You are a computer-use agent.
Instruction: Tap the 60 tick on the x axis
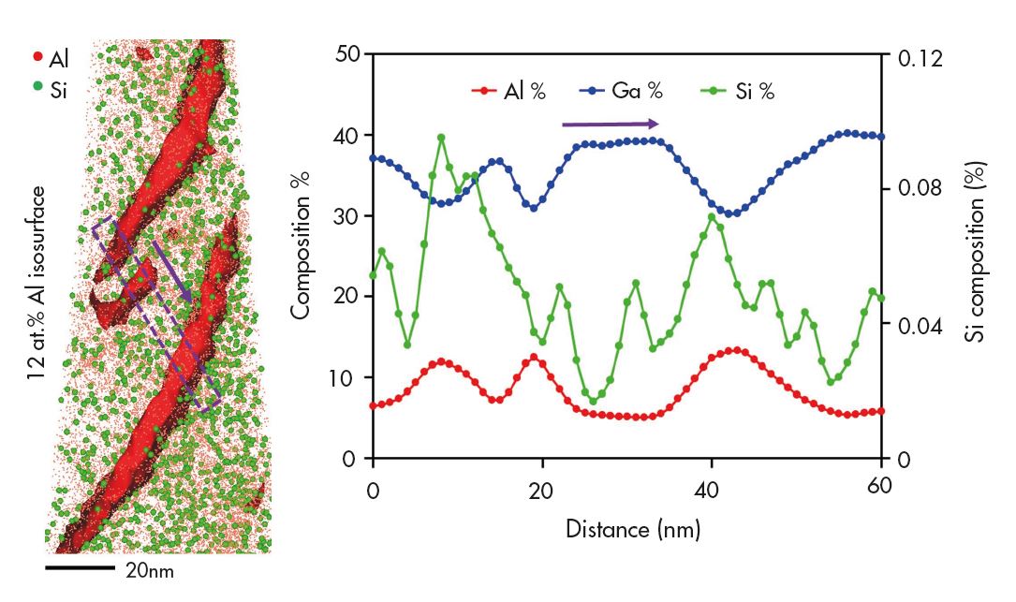tap(881, 488)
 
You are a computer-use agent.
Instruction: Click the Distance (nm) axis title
tap(632, 529)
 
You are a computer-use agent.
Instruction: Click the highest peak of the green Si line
tap(441, 137)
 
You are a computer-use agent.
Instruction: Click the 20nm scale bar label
tap(150, 570)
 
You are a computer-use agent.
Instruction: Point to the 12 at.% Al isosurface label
tap(37, 281)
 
